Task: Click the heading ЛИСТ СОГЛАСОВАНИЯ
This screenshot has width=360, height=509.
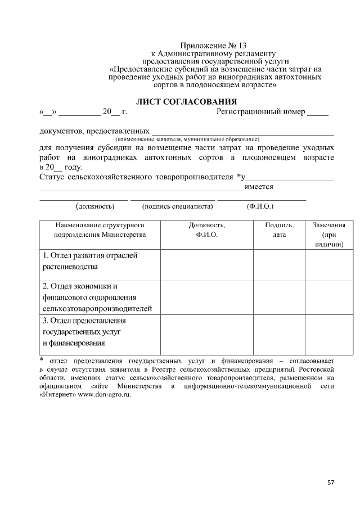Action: point(187,102)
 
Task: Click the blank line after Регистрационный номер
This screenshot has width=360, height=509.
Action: point(317,112)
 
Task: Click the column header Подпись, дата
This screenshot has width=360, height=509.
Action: point(279,229)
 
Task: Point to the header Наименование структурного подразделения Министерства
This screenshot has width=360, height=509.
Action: point(100,229)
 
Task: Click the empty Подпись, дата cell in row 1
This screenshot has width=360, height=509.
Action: point(279,264)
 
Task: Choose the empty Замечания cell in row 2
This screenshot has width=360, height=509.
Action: point(329,297)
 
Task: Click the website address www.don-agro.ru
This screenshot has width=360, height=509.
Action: point(104,395)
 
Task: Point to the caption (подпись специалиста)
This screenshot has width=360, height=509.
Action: point(178,206)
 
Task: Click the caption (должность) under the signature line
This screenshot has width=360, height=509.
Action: point(95,206)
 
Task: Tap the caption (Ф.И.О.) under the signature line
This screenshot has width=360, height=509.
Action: point(260,206)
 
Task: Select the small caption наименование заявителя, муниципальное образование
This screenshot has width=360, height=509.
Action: point(187,138)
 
